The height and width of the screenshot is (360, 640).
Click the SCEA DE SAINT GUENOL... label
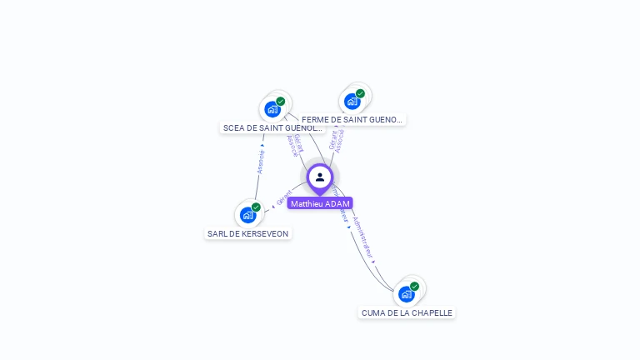[x=272, y=128]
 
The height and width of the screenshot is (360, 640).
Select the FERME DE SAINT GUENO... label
[x=352, y=120]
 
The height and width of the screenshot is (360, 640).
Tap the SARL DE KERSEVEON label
[x=247, y=234]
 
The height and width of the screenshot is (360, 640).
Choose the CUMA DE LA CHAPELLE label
[x=407, y=313]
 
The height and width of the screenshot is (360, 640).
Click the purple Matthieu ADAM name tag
[x=320, y=203]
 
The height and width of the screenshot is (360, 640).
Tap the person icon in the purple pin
[x=320, y=177]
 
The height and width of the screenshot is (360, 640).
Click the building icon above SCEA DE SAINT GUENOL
[x=272, y=109]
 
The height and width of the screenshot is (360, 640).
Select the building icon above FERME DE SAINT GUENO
[x=352, y=102]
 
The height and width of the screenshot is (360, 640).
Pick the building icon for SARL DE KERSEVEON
[x=247, y=215]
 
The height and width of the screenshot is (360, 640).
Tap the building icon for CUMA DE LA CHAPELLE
[x=406, y=294]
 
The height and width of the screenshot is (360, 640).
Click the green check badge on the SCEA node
[x=281, y=102]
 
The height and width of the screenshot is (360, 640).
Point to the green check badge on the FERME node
[x=360, y=94]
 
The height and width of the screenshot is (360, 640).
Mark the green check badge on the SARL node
[x=256, y=207]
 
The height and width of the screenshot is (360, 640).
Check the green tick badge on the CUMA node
[x=414, y=287]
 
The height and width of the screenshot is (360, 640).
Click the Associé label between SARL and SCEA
[x=261, y=161]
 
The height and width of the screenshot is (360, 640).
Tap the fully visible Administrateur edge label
[x=363, y=237]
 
